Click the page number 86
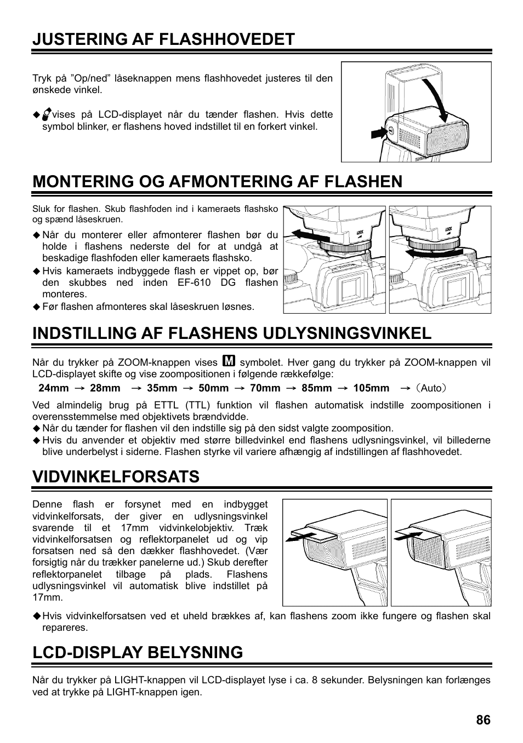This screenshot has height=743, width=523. (x=483, y=719)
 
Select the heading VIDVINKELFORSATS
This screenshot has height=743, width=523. (x=116, y=476)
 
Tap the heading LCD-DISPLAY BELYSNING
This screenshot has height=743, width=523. (x=138, y=652)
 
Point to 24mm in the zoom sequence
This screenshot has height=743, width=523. (x=54, y=388)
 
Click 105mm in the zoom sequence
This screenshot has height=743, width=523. (x=371, y=388)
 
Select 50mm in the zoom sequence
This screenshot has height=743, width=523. (x=213, y=388)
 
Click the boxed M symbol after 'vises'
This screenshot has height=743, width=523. (x=230, y=361)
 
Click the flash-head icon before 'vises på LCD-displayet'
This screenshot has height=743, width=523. (x=47, y=114)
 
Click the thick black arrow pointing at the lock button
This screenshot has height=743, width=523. (x=378, y=132)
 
